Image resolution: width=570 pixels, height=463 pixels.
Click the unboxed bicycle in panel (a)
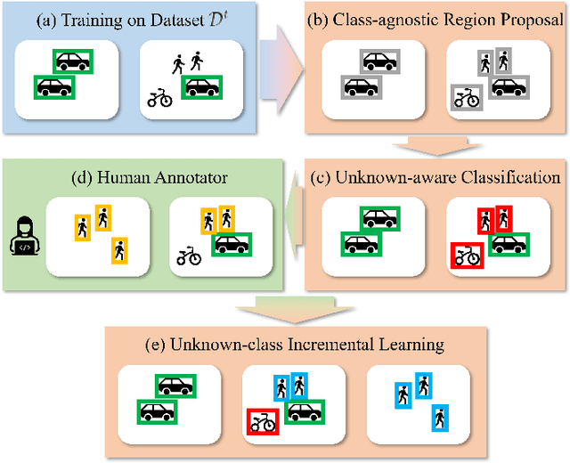click(160, 99)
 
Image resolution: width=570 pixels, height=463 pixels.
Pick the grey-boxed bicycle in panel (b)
click(466, 97)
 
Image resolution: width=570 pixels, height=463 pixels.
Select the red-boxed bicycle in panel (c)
click(465, 254)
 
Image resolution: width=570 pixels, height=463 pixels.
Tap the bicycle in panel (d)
click(189, 256)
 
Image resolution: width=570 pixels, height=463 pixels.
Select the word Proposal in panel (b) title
click(525, 19)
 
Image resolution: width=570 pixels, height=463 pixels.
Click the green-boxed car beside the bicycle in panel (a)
click(201, 87)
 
